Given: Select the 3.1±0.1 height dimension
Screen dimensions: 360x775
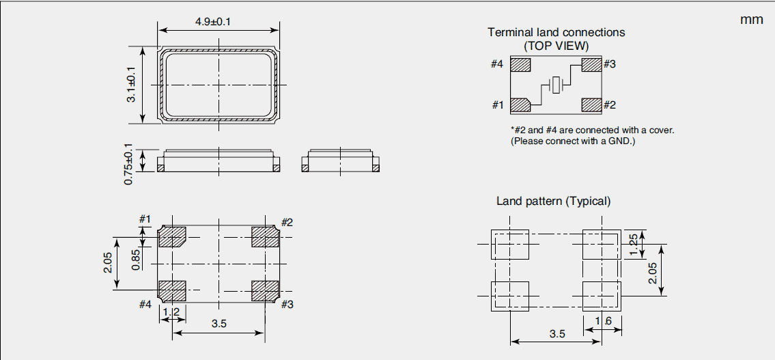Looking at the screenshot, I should point(131,85).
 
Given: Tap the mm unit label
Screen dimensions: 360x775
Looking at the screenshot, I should point(751,20).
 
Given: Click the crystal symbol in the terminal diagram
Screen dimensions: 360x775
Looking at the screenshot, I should point(557,85).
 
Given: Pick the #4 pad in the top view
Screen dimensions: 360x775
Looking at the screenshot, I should point(520,65).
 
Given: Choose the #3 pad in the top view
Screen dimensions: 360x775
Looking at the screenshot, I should point(591,65).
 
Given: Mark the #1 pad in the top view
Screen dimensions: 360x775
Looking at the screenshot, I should point(520,106).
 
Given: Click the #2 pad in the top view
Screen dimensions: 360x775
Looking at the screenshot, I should point(591,106).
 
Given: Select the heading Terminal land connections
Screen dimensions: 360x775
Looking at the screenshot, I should point(556,32).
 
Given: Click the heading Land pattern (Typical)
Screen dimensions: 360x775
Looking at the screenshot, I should point(553,201).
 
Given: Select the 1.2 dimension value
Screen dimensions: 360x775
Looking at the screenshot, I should point(172,312).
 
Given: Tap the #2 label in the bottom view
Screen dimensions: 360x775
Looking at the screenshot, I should point(287,222).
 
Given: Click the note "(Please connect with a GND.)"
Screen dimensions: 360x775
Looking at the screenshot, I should point(572,141).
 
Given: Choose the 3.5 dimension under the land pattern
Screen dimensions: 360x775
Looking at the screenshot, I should point(557,334).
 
